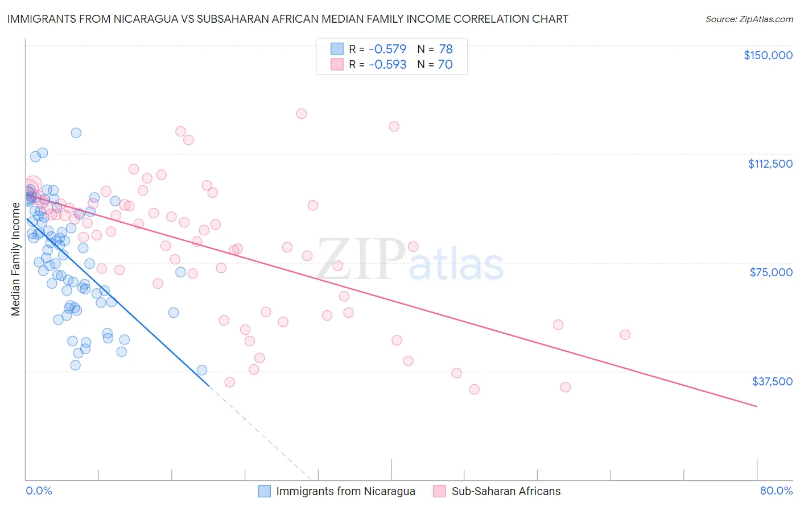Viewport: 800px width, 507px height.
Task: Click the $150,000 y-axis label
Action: pyautogui.click(x=768, y=55)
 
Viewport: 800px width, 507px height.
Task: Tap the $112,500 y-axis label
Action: pyautogui.click(x=770, y=164)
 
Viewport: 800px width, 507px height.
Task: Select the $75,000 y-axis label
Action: pyautogui.click(x=771, y=272)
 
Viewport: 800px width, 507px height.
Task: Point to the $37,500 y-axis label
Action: pyautogui.click(x=772, y=381)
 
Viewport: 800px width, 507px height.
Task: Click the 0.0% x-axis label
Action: pyautogui.click(x=39, y=491)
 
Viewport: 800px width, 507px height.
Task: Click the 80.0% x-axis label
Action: pyautogui.click(x=776, y=491)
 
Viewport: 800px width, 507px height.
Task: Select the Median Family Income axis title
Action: pyautogui.click(x=16, y=259)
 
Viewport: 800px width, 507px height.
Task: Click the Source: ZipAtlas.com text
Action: pyautogui.click(x=749, y=19)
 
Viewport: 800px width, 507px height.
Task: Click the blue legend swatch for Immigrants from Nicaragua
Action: pyautogui.click(x=264, y=491)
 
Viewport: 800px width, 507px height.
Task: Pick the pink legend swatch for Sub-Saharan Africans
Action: pyautogui.click(x=439, y=491)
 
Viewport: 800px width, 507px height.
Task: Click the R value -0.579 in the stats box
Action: pyautogui.click(x=387, y=49)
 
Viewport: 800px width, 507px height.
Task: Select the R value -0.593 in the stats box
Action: pyautogui.click(x=387, y=64)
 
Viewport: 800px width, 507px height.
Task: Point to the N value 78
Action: pyautogui.click(x=446, y=49)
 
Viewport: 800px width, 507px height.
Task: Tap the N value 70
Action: pyautogui.click(x=446, y=64)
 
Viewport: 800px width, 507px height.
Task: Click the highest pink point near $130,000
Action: pyautogui.click(x=302, y=114)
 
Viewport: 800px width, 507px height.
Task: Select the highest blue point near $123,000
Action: pyautogui.click(x=76, y=133)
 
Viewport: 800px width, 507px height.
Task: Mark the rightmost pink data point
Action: pyautogui.click(x=625, y=335)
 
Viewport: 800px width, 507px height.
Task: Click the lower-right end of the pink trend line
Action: pyautogui.click(x=757, y=406)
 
